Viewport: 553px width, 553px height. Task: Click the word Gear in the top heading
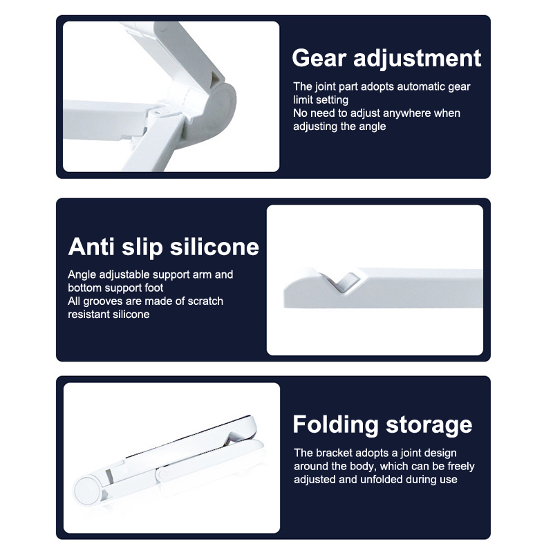[x=319, y=58]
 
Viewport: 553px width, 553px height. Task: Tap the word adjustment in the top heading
[x=418, y=59]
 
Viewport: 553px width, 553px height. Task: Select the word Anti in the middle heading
[x=91, y=247]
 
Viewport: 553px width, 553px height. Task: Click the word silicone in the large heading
[x=214, y=247]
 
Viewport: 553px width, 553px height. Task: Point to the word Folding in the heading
[x=335, y=425]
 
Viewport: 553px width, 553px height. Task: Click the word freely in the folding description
[x=461, y=467]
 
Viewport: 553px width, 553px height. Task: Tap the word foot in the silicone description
[x=153, y=288]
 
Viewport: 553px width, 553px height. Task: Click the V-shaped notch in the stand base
[x=341, y=281]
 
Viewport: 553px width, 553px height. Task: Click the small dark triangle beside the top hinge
[x=214, y=80]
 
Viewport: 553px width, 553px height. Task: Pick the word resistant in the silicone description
[x=88, y=315]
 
